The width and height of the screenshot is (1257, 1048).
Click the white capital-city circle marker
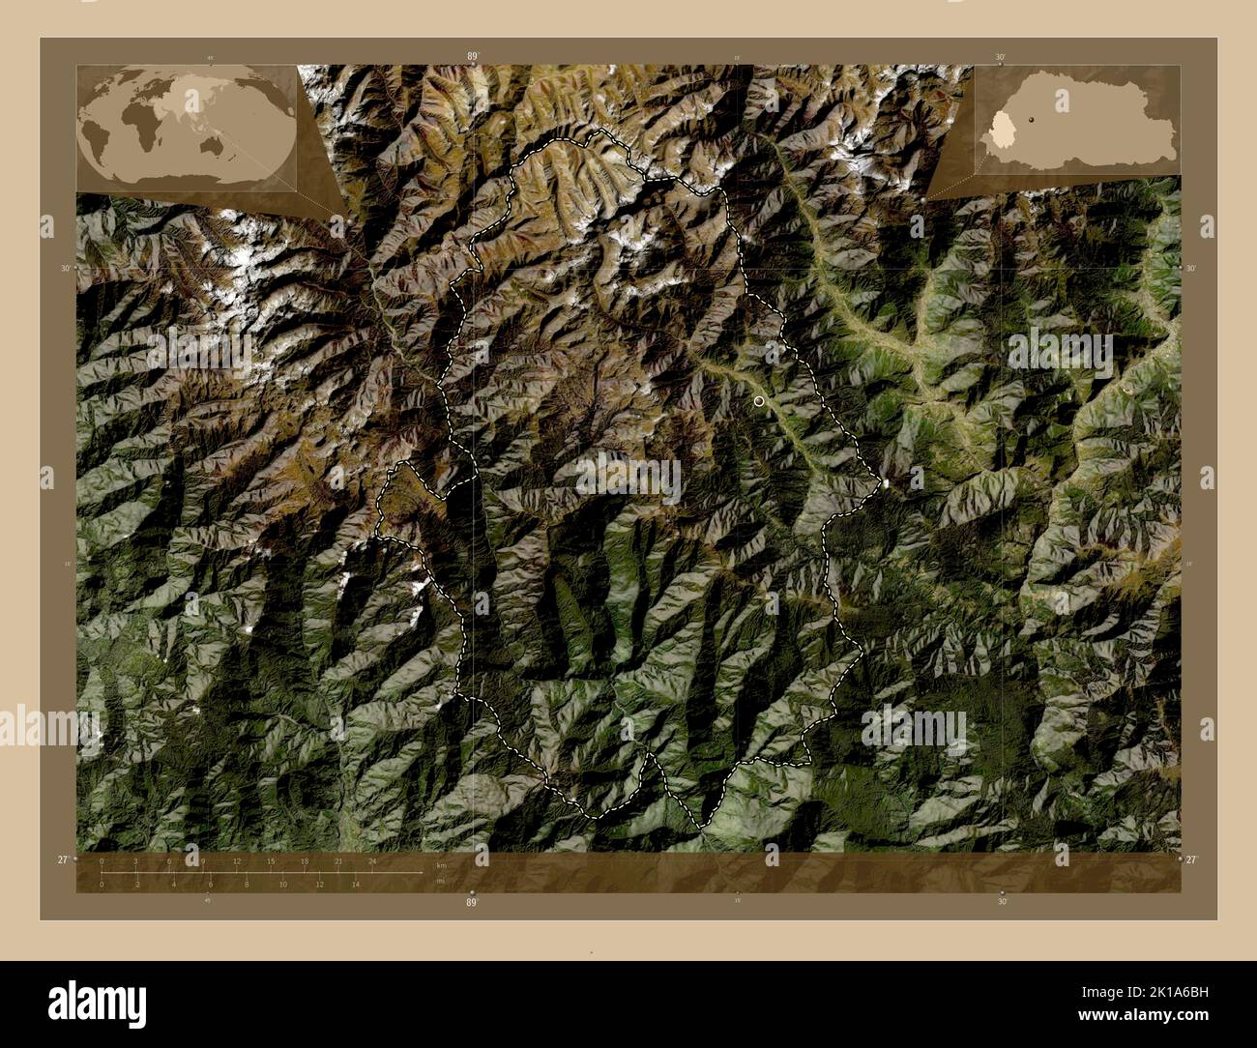point(759,400)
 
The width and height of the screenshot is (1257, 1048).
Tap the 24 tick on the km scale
point(372,861)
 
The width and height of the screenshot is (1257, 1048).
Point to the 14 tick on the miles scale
point(356,884)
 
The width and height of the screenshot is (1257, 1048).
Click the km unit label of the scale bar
point(441,864)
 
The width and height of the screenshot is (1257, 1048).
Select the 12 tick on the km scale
point(237,861)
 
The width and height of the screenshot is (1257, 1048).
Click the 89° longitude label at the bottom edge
point(472,901)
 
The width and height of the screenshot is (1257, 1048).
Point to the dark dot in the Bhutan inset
point(1032,119)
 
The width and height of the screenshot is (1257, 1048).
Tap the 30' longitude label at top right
point(1002,57)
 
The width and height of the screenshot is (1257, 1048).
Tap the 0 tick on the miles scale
point(102,884)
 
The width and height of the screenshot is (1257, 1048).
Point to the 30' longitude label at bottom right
point(1002,901)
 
